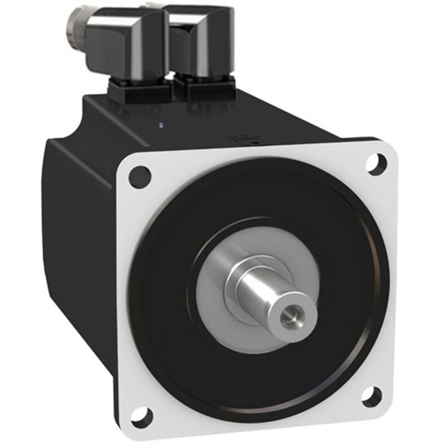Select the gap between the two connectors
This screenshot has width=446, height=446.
[171, 57]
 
